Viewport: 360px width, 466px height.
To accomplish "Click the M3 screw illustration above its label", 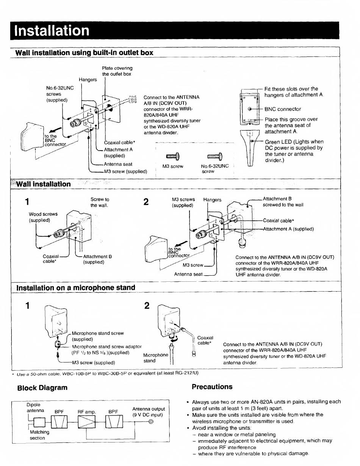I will point(172,156).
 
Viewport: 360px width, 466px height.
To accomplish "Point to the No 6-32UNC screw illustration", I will point(215,156).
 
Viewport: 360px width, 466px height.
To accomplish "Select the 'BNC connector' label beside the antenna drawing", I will point(283,109).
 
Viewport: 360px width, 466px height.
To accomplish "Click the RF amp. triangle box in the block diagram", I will point(87,422).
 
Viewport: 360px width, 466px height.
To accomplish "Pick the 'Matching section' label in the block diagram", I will point(39,435).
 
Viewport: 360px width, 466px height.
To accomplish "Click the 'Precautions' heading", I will point(212,387).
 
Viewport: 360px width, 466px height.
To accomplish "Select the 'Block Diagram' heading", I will point(42,388).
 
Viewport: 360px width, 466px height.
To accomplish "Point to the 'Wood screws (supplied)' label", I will point(43,217).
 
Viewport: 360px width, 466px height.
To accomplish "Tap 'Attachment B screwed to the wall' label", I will point(283,202).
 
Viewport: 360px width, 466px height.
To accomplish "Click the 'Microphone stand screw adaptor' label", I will point(106,347).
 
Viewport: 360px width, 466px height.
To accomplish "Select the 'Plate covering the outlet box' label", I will point(117,71).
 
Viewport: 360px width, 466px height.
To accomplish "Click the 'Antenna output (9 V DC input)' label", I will point(148,412).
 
